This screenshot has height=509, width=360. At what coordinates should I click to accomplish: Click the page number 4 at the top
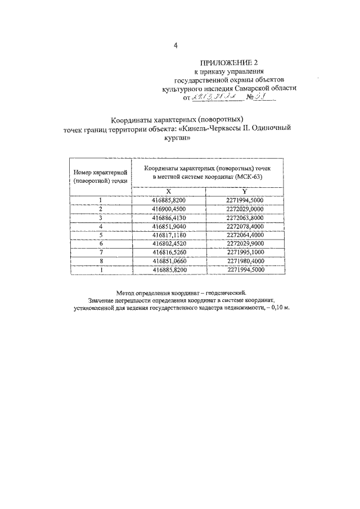176,46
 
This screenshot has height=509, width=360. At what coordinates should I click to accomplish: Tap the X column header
168,191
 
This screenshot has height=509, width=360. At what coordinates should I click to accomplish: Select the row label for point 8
100,261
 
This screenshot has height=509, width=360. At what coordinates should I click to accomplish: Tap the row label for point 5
100,235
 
